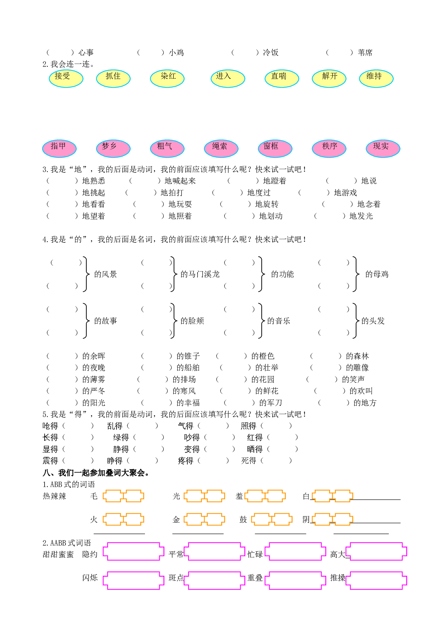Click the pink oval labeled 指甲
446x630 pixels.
pos(59,148)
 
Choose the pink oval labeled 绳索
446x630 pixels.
pos(221,148)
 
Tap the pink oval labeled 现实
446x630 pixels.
pos(383,148)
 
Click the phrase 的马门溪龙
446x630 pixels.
pos(200,274)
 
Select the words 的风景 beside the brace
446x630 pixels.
pos(105,274)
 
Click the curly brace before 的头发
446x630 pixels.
pos(355,321)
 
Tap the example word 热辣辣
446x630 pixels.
pos(54,496)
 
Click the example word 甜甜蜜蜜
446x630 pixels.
pos(58,555)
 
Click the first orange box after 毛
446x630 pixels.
pos(113,496)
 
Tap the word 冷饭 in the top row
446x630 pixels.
pos(270,53)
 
